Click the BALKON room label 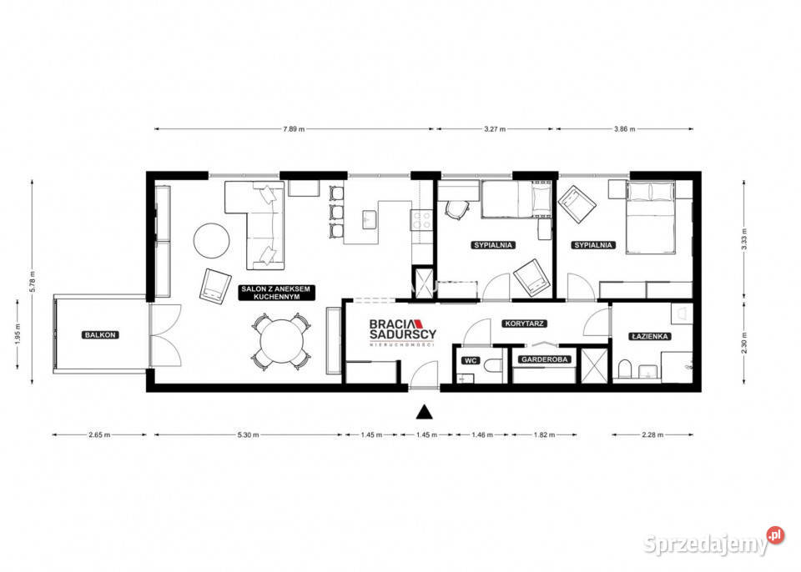tap(101, 334)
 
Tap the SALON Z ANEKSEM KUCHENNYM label tap(275, 293)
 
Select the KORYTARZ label tap(523, 322)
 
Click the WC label tap(469, 360)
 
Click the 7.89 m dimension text tap(294, 129)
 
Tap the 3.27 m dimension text tap(495, 129)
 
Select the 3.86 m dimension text tap(625, 129)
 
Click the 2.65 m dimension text tap(101, 434)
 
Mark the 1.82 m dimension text tap(543, 434)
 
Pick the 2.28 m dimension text tap(652, 434)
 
